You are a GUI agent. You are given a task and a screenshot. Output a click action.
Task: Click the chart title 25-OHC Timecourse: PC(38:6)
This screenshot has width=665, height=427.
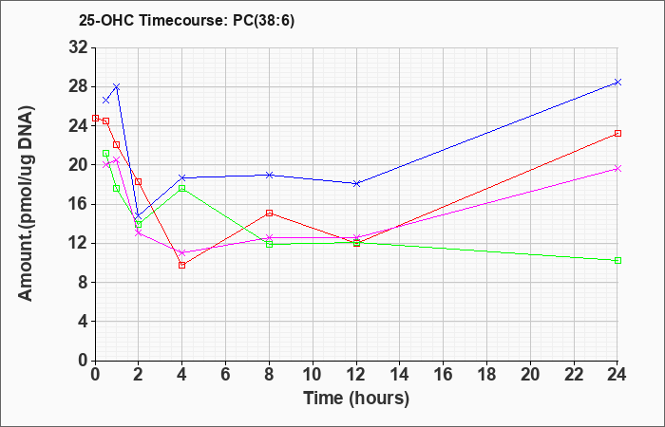click(x=186, y=20)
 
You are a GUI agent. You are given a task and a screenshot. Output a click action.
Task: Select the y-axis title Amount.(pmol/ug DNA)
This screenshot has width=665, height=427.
click(x=26, y=203)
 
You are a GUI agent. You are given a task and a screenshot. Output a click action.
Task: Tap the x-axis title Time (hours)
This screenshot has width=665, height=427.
click(x=356, y=399)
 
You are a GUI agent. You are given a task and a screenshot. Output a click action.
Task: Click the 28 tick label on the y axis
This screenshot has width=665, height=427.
click(x=79, y=87)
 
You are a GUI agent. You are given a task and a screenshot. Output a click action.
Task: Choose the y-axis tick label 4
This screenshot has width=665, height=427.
click(x=84, y=322)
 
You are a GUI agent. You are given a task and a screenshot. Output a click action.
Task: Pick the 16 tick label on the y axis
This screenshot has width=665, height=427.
click(x=79, y=204)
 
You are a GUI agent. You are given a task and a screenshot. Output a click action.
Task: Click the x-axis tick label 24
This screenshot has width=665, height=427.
click(x=617, y=375)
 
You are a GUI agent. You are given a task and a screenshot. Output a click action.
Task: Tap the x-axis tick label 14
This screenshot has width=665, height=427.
click(x=400, y=375)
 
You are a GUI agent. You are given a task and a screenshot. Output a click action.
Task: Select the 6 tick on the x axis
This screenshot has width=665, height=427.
click(x=226, y=375)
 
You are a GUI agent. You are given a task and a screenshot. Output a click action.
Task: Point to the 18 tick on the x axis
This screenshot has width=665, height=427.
click(x=486, y=375)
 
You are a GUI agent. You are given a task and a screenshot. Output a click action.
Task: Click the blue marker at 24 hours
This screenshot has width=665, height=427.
click(x=617, y=83)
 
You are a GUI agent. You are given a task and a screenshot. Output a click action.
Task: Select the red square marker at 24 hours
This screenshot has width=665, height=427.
click(x=617, y=134)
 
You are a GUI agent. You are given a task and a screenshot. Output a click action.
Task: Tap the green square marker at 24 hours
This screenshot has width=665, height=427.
click(x=617, y=261)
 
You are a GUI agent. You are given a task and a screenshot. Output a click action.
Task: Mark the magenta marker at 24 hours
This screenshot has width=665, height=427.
click(x=617, y=169)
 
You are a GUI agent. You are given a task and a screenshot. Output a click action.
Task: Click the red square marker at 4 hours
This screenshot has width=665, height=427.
click(x=182, y=265)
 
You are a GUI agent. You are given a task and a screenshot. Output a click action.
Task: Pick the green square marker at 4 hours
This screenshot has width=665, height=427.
click(x=182, y=188)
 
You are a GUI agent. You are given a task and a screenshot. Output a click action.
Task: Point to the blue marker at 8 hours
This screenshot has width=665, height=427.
click(x=269, y=175)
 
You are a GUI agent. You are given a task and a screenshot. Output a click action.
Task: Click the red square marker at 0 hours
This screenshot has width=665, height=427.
click(x=95, y=119)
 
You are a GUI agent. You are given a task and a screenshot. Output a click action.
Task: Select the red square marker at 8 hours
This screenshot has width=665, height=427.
click(x=269, y=213)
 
